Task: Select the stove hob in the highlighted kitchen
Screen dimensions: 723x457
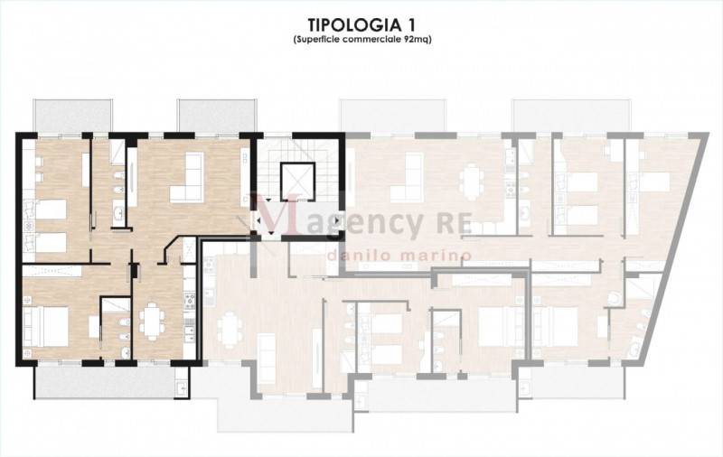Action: click(x=190, y=301)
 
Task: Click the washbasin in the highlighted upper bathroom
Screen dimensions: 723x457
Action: click(x=118, y=213)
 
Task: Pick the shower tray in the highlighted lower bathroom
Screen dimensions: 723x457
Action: click(x=116, y=305)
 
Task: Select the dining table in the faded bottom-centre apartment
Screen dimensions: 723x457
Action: click(x=230, y=329)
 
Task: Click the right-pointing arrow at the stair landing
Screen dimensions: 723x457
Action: click(x=338, y=220)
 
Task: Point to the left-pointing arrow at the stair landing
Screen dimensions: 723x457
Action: click(x=258, y=220)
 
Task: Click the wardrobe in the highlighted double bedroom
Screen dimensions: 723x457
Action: click(x=52, y=271)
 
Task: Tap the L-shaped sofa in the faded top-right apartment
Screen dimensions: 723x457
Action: click(x=407, y=178)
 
